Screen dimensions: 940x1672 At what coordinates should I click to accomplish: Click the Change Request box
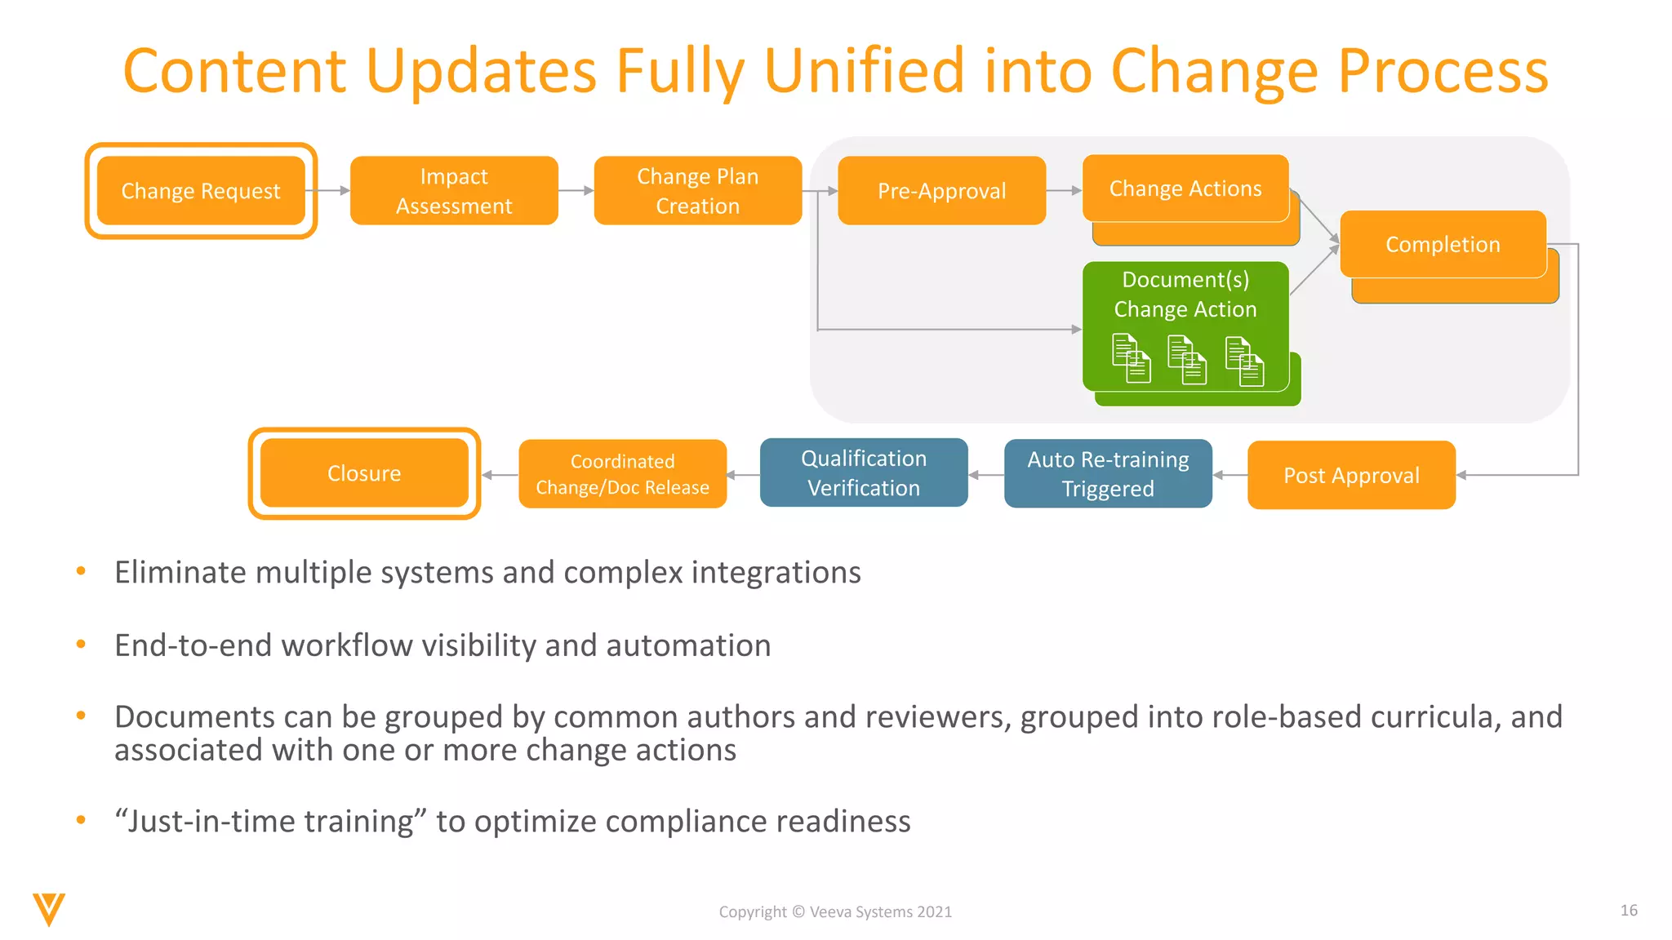201,191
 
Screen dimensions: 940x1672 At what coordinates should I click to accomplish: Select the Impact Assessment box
454,191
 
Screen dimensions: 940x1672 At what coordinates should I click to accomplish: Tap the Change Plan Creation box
698,191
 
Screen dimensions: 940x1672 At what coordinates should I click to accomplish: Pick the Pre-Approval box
941,191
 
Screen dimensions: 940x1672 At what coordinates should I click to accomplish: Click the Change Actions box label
1185,188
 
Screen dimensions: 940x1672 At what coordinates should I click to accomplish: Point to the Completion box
1443,244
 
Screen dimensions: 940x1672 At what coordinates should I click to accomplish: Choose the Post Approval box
1351,475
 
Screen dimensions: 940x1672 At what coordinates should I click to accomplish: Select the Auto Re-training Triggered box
1108,474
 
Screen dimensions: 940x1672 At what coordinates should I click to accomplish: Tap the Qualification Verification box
864,473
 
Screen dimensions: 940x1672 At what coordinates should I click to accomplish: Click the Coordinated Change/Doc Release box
622,474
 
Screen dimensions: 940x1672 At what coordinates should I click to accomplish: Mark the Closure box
364,473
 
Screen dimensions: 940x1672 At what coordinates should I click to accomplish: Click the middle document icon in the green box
1187,360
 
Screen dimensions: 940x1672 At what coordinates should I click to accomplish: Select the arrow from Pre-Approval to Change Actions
1064,191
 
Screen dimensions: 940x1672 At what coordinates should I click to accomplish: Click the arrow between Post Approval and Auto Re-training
1230,475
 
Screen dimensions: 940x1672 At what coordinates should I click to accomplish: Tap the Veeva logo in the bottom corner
49,909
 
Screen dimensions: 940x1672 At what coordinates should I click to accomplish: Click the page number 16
1629,910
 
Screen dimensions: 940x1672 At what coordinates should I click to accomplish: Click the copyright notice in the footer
835,911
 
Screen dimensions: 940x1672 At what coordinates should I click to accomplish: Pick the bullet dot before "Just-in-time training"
81,820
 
